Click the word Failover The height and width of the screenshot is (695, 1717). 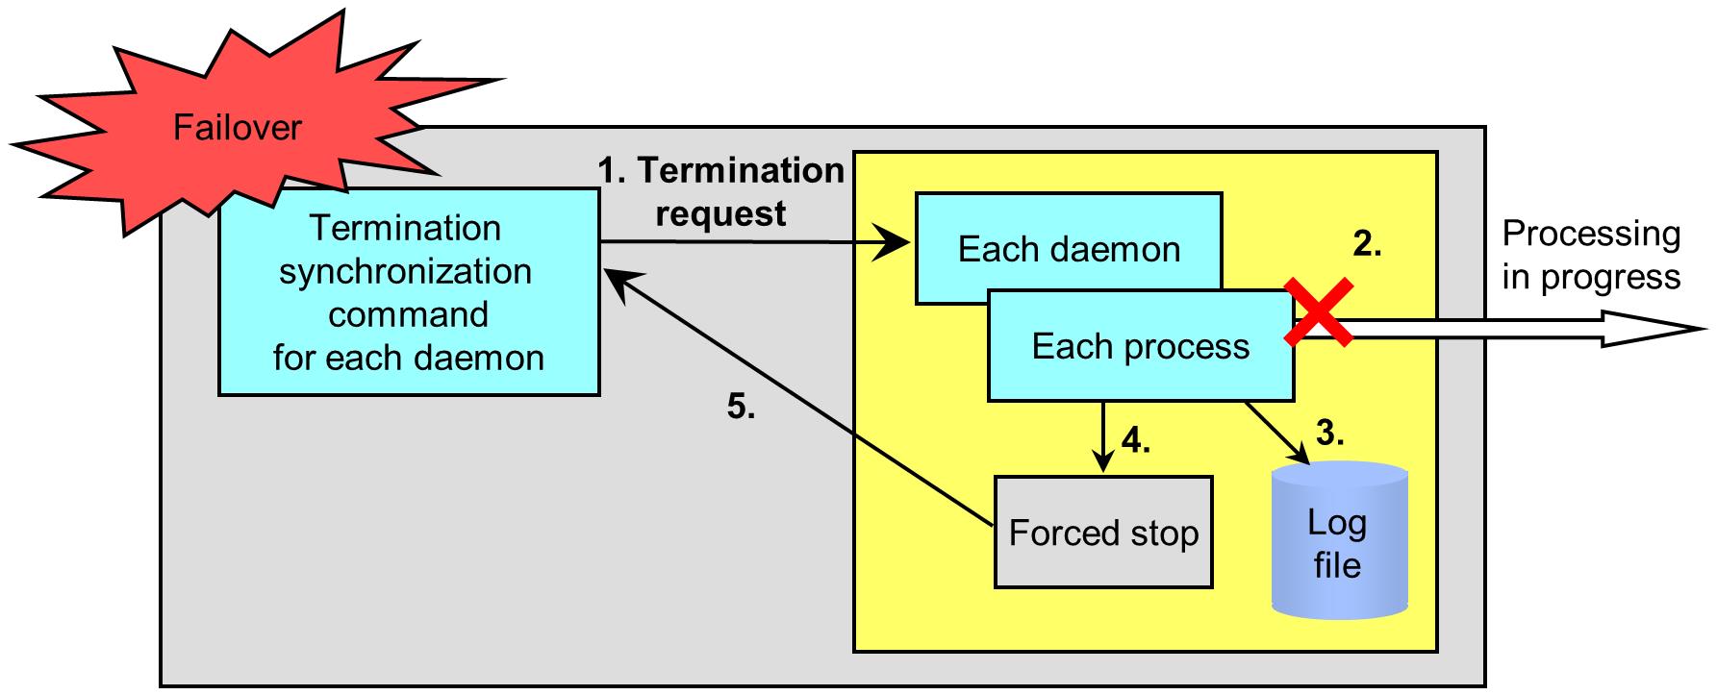(x=238, y=128)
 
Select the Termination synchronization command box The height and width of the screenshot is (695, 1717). (x=409, y=292)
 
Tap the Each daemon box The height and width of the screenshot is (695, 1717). (x=1069, y=248)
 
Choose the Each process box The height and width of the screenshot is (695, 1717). (x=1141, y=346)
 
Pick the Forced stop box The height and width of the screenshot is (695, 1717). (x=1103, y=532)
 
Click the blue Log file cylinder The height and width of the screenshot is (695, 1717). (x=1338, y=539)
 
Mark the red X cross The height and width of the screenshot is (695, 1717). (x=1320, y=312)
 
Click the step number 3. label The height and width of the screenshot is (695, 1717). (x=1329, y=434)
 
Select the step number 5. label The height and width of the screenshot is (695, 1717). (x=741, y=408)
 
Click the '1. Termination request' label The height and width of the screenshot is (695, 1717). (x=721, y=191)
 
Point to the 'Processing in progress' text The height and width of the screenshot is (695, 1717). (x=1591, y=255)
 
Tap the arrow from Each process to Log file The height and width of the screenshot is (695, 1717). (x=1278, y=434)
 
